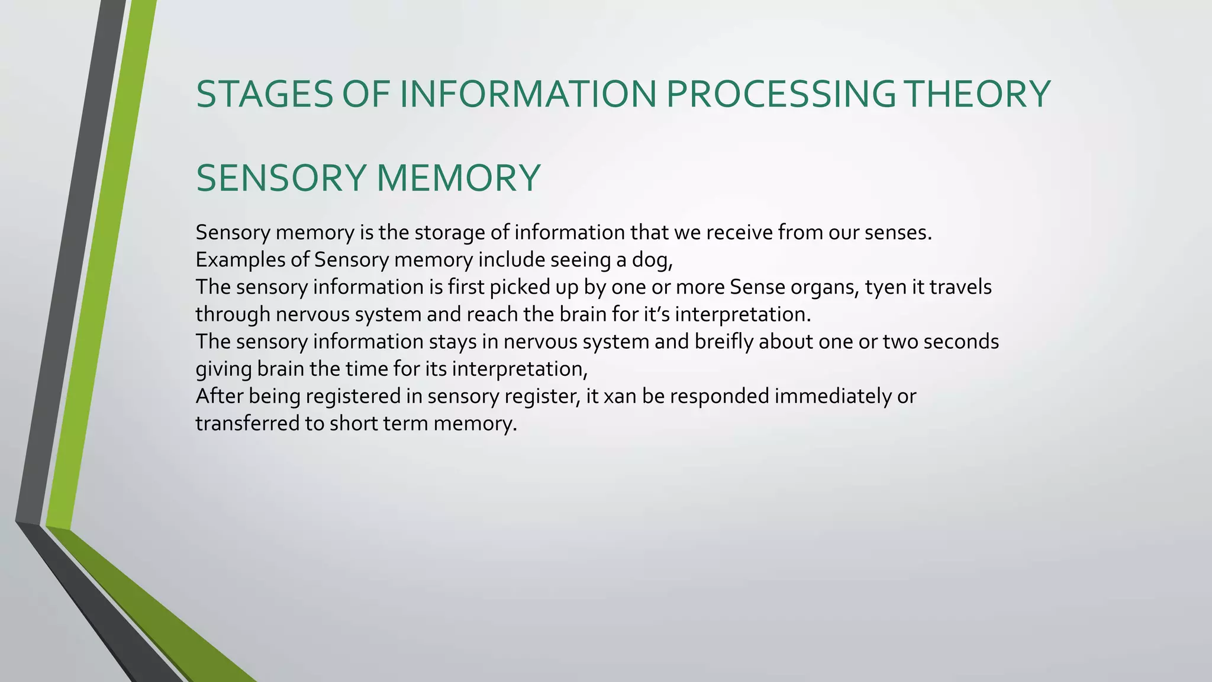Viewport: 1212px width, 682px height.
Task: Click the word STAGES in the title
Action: click(265, 94)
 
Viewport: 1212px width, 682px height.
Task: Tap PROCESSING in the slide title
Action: click(781, 94)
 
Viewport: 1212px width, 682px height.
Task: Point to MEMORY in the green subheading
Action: click(458, 178)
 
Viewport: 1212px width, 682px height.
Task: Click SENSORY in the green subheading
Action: click(281, 178)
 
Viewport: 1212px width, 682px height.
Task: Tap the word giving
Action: click(224, 369)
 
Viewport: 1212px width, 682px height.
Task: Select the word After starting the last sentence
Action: click(219, 396)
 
